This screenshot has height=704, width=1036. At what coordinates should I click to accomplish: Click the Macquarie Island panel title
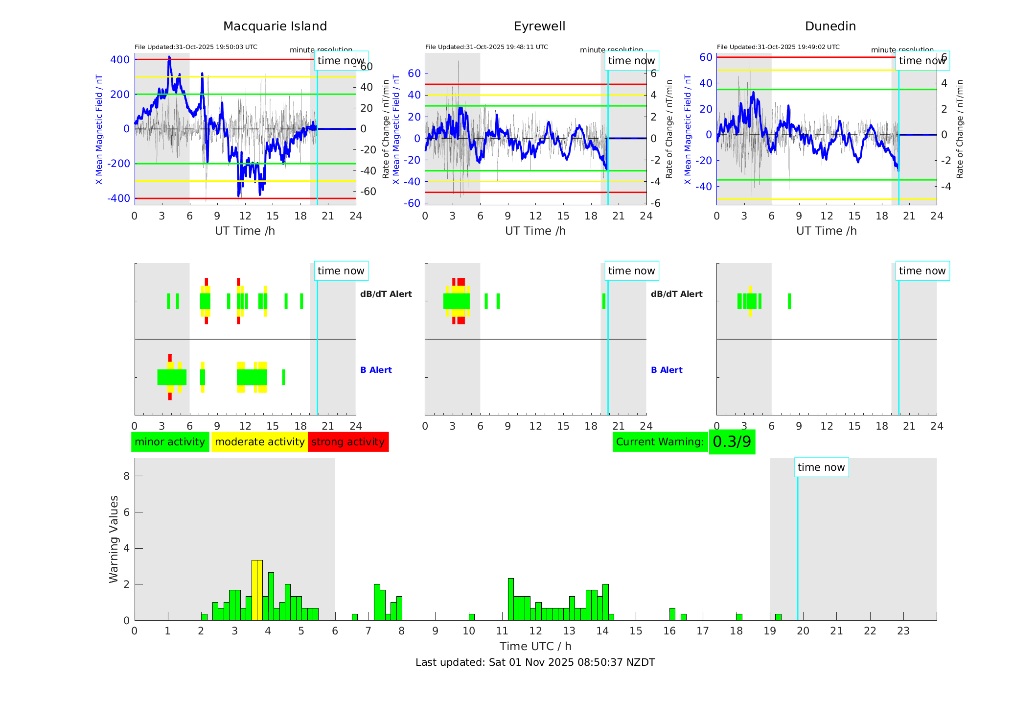(275, 26)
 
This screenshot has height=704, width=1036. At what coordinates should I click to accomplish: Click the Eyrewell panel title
(539, 26)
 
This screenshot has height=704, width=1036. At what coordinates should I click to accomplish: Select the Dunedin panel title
(830, 26)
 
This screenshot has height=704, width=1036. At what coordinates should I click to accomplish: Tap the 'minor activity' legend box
(170, 442)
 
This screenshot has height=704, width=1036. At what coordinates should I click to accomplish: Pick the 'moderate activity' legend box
(259, 442)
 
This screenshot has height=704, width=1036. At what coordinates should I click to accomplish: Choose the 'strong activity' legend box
(348, 442)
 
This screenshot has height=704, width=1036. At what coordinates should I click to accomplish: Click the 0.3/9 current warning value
(732, 442)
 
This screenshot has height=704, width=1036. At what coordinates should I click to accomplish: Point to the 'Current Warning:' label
(660, 442)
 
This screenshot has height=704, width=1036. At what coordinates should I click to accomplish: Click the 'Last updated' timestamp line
(535, 662)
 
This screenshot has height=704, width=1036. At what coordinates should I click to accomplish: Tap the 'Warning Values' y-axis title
(114, 539)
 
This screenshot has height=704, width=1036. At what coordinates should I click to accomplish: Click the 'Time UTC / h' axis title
(535, 646)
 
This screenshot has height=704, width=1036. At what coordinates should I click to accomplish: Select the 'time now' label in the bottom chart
(821, 467)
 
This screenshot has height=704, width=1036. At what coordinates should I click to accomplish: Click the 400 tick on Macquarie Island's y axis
(120, 60)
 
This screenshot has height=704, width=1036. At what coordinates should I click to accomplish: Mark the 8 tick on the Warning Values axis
(127, 476)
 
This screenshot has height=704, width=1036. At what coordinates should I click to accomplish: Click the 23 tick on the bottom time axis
(903, 631)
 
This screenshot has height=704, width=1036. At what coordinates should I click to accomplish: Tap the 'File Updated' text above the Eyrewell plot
(486, 47)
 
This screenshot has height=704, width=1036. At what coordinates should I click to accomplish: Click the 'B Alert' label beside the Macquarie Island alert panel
(376, 370)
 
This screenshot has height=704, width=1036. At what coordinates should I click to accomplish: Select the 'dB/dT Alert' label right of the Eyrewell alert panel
(676, 294)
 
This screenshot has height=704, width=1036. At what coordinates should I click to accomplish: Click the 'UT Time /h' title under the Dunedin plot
(826, 231)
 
